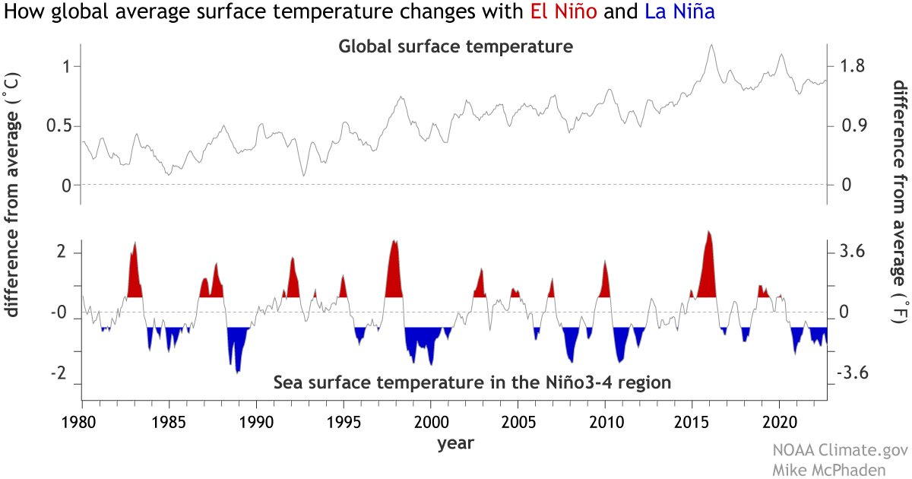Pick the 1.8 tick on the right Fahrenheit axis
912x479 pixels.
(x=847, y=66)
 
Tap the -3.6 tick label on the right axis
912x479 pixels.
(x=847, y=374)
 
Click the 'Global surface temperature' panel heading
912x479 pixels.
(x=454, y=47)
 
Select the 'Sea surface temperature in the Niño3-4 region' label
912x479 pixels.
(x=472, y=382)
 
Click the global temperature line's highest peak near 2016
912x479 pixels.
(x=711, y=45)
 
